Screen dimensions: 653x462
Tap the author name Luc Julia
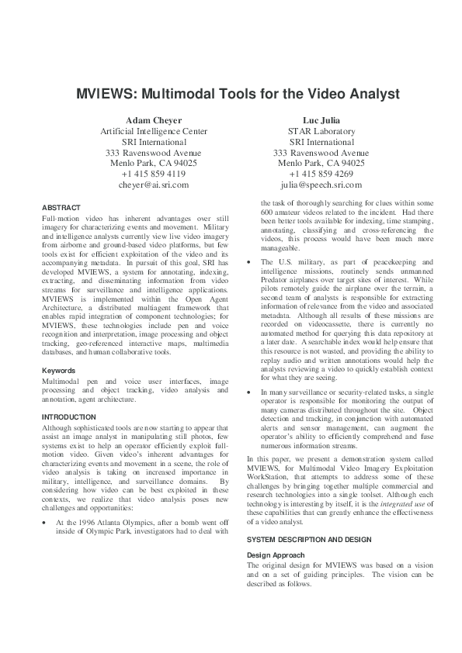[x=321, y=120]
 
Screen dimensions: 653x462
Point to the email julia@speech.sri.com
[x=321, y=185]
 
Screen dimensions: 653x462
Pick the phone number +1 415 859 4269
[x=321, y=174]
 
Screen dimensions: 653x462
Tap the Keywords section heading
[x=59, y=370]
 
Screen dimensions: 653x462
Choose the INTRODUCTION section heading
[x=68, y=417]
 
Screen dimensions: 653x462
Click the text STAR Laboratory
[x=321, y=131]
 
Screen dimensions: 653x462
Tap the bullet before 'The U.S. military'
[x=248, y=262]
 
